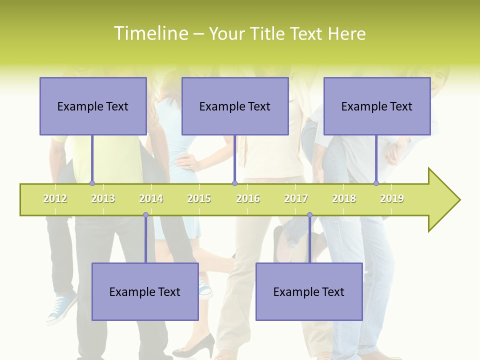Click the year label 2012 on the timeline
pyautogui.click(x=55, y=199)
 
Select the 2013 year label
pyautogui.click(x=103, y=199)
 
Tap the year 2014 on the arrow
pyautogui.click(x=151, y=199)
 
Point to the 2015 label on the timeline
pyautogui.click(x=199, y=199)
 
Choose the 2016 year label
pyautogui.click(x=247, y=199)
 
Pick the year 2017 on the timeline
pyautogui.click(x=296, y=199)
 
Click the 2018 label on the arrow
pyautogui.click(x=344, y=199)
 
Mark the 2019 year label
pyautogui.click(x=392, y=199)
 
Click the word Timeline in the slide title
pyautogui.click(x=150, y=33)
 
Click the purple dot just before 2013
pyautogui.click(x=92, y=183)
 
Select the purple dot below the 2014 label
pyautogui.click(x=145, y=215)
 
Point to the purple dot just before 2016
pyautogui.click(x=234, y=183)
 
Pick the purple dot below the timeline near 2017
pyautogui.click(x=309, y=215)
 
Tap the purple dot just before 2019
pyautogui.click(x=376, y=183)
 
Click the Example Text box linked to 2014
pyautogui.click(x=145, y=291)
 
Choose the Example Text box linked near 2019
pyautogui.click(x=377, y=106)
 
